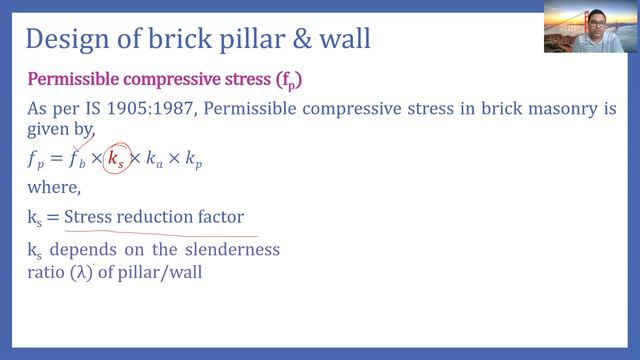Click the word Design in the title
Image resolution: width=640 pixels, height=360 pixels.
pos(65,40)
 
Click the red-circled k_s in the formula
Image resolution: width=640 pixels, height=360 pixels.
pos(116,159)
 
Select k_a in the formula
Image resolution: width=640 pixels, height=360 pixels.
pos(156,160)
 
